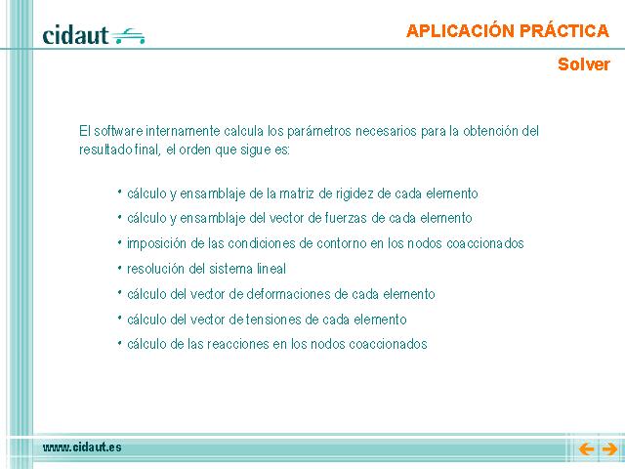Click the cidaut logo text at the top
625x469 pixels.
tap(75, 35)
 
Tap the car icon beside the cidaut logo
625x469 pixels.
tap(128, 36)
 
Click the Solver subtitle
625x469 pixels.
tap(584, 64)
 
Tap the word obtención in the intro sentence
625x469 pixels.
tap(490, 131)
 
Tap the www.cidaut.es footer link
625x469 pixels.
tap(82, 448)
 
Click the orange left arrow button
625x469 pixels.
tap(586, 449)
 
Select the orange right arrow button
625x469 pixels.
tap(609, 449)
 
